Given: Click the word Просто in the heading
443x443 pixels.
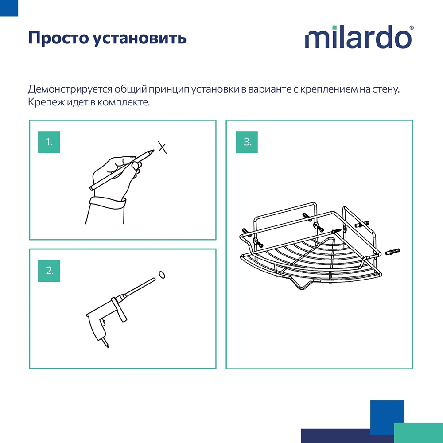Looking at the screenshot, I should (x=57, y=38).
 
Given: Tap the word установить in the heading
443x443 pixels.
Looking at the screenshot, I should (x=140, y=39).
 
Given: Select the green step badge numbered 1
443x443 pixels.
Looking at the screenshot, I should (x=49, y=142).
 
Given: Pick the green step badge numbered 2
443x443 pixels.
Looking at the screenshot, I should (x=49, y=271).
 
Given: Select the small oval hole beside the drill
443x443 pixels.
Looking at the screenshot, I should (x=162, y=275).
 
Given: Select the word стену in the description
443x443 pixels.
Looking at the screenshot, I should (x=388, y=89).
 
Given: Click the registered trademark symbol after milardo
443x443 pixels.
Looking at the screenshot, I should (x=412, y=28).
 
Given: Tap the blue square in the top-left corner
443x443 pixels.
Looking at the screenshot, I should (x=9, y=8).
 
